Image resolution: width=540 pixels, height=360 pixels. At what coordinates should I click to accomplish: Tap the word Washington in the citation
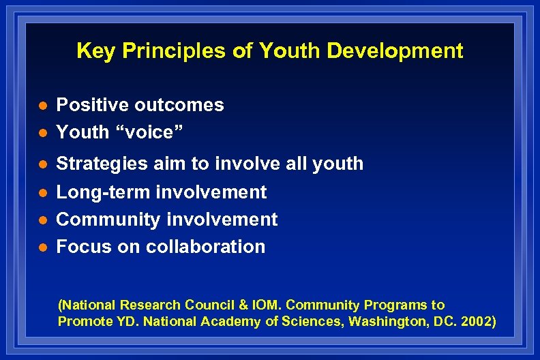point(389,321)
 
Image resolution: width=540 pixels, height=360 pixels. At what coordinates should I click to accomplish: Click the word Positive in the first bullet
point(93,105)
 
